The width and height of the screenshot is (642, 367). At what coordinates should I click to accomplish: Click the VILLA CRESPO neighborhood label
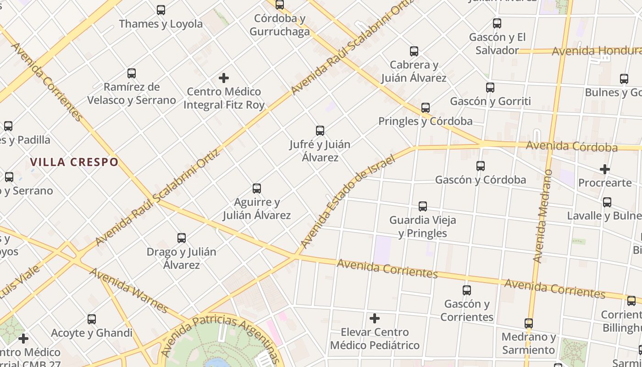(x=74, y=162)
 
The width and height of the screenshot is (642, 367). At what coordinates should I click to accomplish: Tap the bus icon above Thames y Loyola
(x=161, y=10)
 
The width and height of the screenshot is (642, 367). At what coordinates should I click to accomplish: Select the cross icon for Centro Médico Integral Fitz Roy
(x=224, y=78)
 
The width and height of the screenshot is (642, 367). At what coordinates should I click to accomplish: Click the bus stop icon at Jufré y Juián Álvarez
(x=320, y=131)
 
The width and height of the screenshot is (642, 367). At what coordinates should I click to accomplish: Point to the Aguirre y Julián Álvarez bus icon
(x=257, y=189)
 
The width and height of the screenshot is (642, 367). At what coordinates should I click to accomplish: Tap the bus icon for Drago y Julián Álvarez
(x=182, y=238)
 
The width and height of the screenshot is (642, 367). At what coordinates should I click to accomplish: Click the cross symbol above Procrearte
(x=605, y=169)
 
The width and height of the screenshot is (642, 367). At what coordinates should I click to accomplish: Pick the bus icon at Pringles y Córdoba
(x=426, y=108)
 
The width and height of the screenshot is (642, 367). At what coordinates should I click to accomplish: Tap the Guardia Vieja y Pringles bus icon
(x=423, y=206)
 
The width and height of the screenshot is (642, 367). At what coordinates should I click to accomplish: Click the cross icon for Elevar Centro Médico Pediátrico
(x=375, y=318)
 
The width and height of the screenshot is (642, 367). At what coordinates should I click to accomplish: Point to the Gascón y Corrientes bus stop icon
(x=467, y=290)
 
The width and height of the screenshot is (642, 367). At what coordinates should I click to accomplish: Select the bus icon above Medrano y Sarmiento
(x=529, y=323)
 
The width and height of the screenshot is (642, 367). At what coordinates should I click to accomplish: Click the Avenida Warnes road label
(x=128, y=290)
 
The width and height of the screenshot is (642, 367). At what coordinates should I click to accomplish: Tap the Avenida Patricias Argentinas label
(x=220, y=337)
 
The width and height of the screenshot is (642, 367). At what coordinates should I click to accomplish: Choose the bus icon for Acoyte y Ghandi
(x=92, y=319)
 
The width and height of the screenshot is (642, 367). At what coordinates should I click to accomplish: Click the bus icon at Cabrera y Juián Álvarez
(x=414, y=51)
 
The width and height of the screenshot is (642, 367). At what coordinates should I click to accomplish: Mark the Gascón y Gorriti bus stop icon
(x=490, y=88)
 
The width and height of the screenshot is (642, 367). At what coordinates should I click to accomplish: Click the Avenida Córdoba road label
(x=571, y=146)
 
